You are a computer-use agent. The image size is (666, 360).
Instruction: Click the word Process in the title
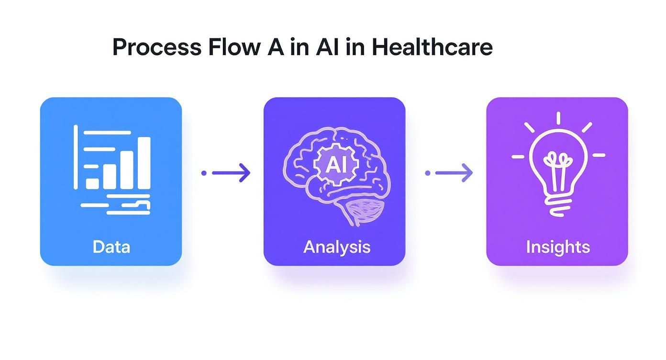[x=157, y=47]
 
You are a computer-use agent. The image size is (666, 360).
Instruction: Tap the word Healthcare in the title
[x=432, y=47]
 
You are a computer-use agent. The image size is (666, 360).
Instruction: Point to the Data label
[x=111, y=247]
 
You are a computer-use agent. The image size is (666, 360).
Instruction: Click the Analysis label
[x=337, y=247]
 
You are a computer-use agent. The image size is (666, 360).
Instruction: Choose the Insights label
[x=557, y=247]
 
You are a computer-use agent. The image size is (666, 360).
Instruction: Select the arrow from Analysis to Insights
[x=449, y=173]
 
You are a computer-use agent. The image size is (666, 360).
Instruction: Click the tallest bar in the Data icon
[x=144, y=163]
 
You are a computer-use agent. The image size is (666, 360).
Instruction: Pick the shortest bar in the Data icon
[x=92, y=183]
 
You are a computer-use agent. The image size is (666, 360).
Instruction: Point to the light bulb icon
[x=558, y=165]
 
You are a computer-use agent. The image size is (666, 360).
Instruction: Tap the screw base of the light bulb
[x=557, y=206]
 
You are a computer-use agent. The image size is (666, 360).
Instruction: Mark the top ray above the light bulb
[x=558, y=118]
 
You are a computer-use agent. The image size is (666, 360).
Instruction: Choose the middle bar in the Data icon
[x=126, y=170]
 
